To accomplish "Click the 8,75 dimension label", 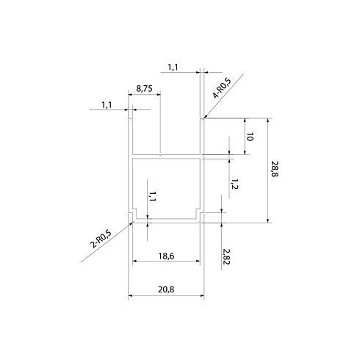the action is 144,88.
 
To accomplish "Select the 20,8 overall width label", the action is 166,289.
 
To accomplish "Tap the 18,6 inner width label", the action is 166,256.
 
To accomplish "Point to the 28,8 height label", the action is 276,169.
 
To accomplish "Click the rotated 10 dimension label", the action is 250,137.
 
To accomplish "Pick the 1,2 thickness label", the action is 234,184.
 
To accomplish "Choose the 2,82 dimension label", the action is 226,256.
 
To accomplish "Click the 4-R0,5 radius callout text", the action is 222,88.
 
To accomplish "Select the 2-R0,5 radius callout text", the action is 101,239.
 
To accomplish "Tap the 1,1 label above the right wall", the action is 173,67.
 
